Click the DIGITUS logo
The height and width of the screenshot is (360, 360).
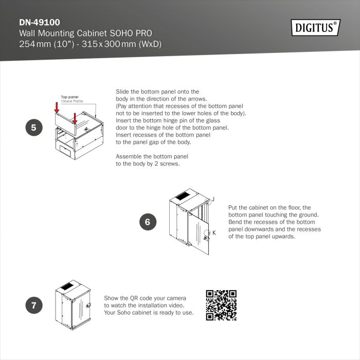[x=316, y=28]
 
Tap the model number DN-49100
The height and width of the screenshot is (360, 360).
[x=40, y=22]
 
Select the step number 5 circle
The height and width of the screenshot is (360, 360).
[x=34, y=128]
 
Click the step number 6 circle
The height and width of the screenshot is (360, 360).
[x=148, y=222]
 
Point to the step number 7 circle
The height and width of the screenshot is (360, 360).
[x=34, y=305]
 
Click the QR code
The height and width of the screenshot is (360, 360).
[x=221, y=305]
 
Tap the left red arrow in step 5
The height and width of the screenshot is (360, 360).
[x=57, y=108]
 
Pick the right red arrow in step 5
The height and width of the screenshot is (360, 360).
[x=75, y=118]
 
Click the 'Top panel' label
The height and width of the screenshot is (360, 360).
[x=69, y=97]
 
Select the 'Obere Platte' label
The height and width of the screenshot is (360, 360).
[x=72, y=101]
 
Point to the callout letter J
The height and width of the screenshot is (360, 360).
[x=213, y=199]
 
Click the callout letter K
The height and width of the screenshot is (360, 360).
[x=214, y=233]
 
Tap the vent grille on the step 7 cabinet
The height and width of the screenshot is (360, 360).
[x=67, y=286]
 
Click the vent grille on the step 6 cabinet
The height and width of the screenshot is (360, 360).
[x=183, y=196]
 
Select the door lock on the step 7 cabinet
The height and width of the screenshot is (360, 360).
[x=88, y=305]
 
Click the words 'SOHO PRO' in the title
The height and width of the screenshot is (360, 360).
[x=131, y=33]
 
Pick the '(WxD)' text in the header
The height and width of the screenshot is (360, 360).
[x=150, y=44]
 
